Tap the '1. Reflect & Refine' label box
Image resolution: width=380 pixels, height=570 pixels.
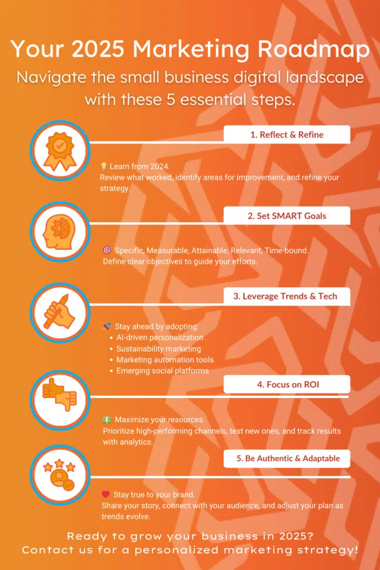coord(287,134)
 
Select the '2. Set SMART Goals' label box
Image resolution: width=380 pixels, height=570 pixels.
coord(287,215)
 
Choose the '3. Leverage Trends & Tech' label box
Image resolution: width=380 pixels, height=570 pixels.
coord(287,296)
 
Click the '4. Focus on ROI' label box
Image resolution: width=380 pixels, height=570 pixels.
coord(287,384)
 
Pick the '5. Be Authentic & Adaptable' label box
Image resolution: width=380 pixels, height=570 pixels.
coord(287,459)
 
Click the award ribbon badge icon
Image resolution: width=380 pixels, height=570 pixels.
coord(59,149)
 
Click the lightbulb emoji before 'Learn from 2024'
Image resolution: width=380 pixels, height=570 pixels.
coord(103,166)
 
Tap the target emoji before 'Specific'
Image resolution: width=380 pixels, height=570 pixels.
coord(107,250)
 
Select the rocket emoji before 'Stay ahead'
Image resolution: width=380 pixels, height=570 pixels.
coord(107,326)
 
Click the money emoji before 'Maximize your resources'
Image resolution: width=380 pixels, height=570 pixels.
coord(107,420)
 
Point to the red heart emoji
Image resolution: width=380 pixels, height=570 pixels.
coord(106,494)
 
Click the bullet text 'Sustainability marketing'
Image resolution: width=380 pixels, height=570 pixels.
coord(159,348)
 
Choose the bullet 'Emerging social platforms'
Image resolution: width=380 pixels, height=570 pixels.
coord(162,371)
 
